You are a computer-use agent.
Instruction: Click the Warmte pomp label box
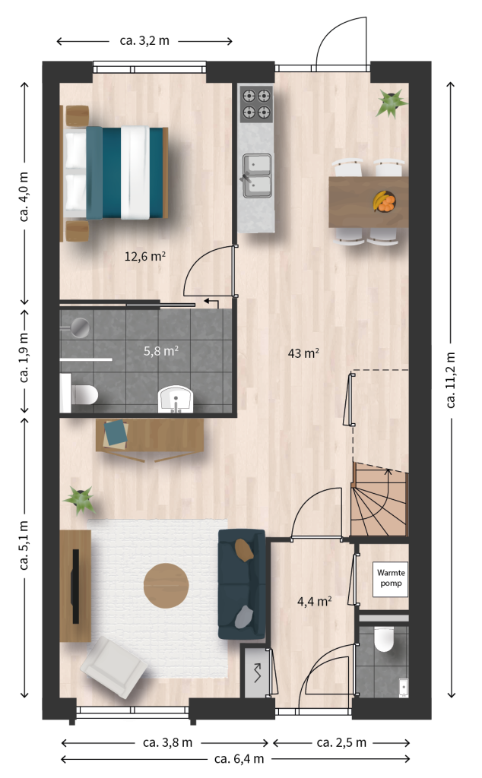[x=391, y=578]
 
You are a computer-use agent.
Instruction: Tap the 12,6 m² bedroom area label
[x=144, y=257]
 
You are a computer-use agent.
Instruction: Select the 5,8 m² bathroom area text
[x=161, y=351]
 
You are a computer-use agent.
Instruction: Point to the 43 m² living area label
[x=303, y=353]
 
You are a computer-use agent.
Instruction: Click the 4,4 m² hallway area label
[x=314, y=602]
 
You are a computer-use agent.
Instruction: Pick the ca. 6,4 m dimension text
[x=239, y=759]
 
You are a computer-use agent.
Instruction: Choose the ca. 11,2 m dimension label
[x=451, y=380]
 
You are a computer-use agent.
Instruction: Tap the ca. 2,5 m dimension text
[x=341, y=743]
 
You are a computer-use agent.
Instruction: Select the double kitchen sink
[x=257, y=174]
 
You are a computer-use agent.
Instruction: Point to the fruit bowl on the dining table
[x=384, y=201]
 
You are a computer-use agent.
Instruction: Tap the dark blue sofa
[x=242, y=584]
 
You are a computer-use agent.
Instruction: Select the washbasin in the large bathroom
[x=175, y=399]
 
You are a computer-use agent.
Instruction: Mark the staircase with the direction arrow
[x=379, y=498]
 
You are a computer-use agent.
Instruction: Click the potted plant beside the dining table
[x=392, y=103]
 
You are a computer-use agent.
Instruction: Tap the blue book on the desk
[x=116, y=432]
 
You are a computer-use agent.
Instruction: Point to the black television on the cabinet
[x=75, y=586]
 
